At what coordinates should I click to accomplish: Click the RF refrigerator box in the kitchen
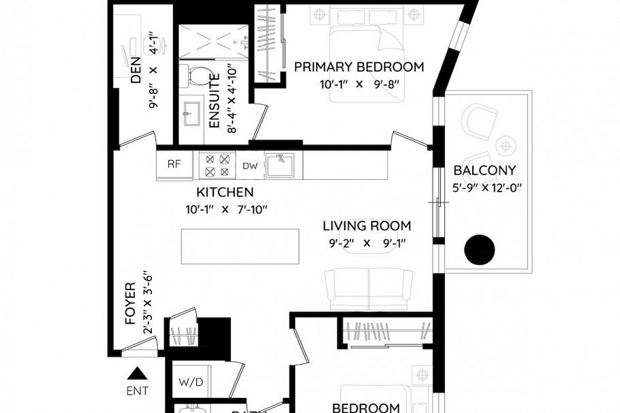click(174, 164)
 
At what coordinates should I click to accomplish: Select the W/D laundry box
click(191, 383)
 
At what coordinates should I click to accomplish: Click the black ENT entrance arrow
click(138, 373)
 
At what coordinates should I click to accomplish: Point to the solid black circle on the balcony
click(479, 250)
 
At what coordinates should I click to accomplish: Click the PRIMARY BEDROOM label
click(359, 67)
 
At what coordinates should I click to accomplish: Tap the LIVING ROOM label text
click(367, 226)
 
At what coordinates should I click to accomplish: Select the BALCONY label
click(484, 170)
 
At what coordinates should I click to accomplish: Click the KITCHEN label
click(225, 192)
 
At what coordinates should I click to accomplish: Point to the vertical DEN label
click(136, 68)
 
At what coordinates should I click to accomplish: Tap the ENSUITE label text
click(213, 102)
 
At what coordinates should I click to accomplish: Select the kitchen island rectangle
click(240, 246)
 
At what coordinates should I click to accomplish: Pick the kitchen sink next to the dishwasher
click(279, 165)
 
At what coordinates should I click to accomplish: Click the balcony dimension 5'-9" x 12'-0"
click(486, 188)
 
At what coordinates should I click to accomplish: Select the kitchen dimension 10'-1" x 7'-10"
click(226, 209)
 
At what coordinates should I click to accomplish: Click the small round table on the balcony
click(505, 144)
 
